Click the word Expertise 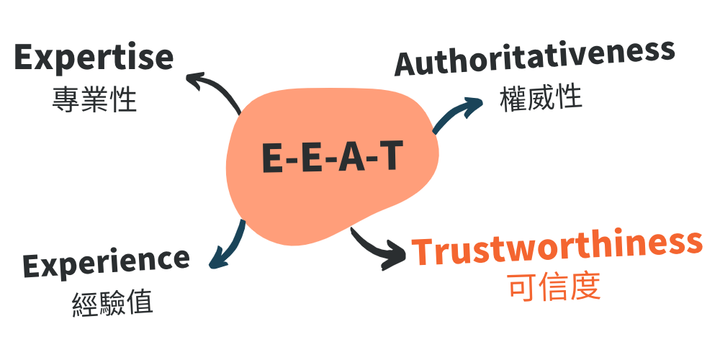pyautogui.click(x=94, y=58)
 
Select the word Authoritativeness pyautogui.click(x=534, y=58)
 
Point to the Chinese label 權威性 pyautogui.click(x=541, y=97)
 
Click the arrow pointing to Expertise pyautogui.click(x=216, y=86)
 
